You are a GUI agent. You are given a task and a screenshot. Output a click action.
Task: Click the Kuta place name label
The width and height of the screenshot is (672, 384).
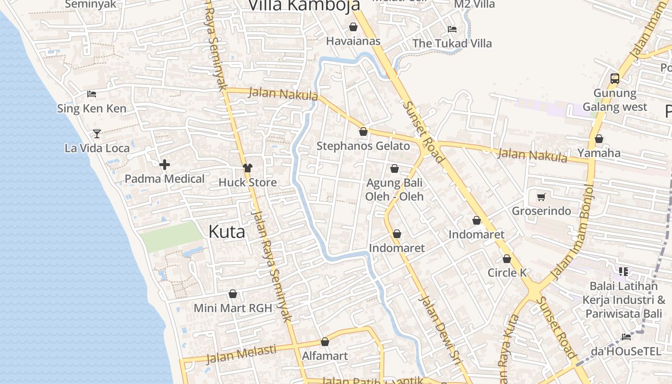click(x=227, y=232)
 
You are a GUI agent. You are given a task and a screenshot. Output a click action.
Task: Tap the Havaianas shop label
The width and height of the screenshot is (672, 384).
click(x=353, y=41)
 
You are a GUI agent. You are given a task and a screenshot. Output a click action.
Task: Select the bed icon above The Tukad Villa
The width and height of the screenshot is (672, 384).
click(x=452, y=29)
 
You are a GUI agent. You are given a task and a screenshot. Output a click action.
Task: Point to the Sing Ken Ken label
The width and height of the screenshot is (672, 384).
click(x=92, y=108)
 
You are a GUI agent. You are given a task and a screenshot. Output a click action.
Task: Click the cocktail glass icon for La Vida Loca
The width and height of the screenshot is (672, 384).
click(x=97, y=133)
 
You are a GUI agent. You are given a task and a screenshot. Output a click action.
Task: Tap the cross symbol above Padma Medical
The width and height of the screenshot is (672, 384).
click(x=165, y=165)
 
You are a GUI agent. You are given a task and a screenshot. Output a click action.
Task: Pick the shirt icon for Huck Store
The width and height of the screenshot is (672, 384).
click(x=248, y=168)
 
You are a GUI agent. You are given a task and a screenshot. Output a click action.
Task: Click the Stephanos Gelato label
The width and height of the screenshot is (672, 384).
click(x=363, y=146)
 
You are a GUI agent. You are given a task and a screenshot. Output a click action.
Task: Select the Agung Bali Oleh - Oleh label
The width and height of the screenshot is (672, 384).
click(x=394, y=190)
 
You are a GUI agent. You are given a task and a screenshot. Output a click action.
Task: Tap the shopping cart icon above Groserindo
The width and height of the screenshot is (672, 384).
click(x=541, y=197)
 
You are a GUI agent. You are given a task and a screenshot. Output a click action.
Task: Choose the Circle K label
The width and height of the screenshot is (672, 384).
click(x=507, y=273)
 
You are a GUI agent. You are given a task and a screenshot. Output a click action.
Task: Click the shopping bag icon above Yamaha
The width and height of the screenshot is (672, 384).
click(x=599, y=139)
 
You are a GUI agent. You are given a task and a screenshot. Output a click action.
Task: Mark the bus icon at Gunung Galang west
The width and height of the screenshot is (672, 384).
click(x=615, y=78)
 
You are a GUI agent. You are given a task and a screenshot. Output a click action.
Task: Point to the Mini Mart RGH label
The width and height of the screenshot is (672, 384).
click(x=233, y=308)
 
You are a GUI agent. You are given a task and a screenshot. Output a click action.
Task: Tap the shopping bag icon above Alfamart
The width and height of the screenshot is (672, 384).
click(x=325, y=342)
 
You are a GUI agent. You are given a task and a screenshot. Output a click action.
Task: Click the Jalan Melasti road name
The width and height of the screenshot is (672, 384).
click(x=241, y=354)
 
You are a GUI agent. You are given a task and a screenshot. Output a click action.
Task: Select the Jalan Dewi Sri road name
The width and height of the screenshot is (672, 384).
click(x=440, y=326)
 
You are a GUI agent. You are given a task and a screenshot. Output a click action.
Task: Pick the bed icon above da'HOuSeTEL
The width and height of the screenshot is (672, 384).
click(x=626, y=336)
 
